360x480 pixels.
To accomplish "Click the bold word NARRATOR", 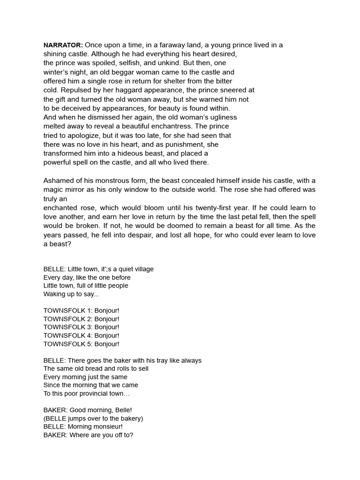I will point(63,45).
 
